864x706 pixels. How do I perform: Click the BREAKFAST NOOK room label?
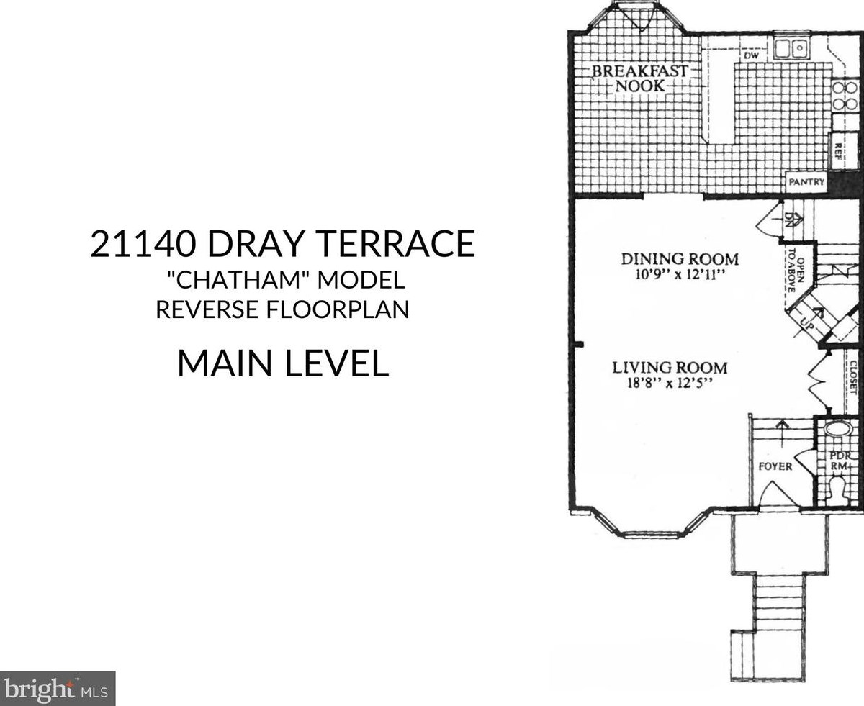click(x=640, y=78)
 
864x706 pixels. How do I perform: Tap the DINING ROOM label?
click(x=680, y=259)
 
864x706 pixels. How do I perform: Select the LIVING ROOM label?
click(x=670, y=367)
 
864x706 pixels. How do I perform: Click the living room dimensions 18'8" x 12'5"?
click(x=670, y=384)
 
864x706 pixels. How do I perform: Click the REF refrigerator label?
click(x=838, y=152)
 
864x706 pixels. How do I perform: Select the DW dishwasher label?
click(x=752, y=55)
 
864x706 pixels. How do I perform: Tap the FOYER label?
click(x=775, y=466)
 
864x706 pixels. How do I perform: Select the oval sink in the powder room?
click(x=838, y=429)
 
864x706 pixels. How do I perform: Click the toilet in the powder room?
click(x=837, y=490)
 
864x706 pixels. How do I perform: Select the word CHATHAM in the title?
click(x=239, y=280)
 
